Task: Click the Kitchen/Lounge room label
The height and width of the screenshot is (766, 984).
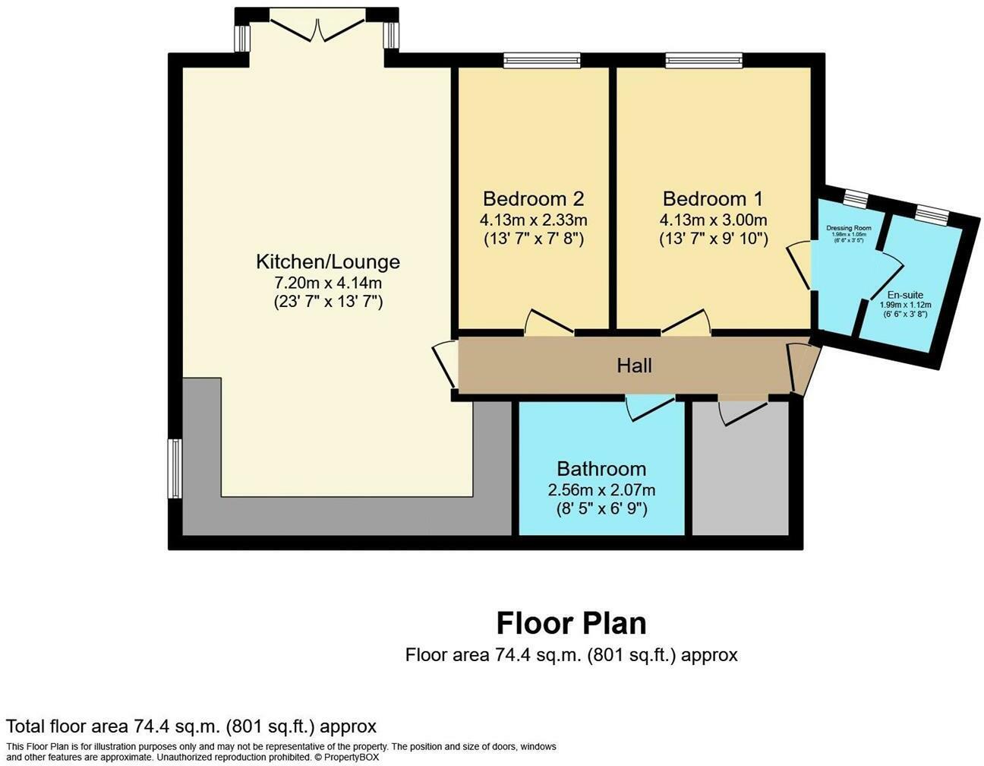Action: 327,262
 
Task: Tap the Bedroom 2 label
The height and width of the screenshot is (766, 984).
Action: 533,199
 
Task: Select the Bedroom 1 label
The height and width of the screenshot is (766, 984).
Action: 712,199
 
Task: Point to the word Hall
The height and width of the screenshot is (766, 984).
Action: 634,366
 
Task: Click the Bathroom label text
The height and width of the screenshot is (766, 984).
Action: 601,469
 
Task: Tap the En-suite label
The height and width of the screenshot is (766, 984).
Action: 905,295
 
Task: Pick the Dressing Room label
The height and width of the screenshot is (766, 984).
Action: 848,228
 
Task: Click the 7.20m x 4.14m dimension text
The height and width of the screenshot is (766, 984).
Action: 327,283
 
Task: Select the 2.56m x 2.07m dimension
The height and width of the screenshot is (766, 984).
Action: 601,490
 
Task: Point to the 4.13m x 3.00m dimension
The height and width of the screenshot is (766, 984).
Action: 713,220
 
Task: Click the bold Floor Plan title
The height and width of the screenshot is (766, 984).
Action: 571,623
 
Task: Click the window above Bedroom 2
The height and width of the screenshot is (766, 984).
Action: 541,60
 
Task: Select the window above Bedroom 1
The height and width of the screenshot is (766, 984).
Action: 704,60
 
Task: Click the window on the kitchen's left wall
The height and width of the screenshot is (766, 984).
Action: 175,468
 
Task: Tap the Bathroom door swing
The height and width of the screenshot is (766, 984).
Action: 649,407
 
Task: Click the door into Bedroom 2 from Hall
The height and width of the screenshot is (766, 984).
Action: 548,323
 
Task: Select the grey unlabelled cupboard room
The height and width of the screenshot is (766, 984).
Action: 740,479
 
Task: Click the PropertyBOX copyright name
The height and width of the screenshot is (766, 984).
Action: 351,758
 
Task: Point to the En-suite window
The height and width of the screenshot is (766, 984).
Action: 931,215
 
